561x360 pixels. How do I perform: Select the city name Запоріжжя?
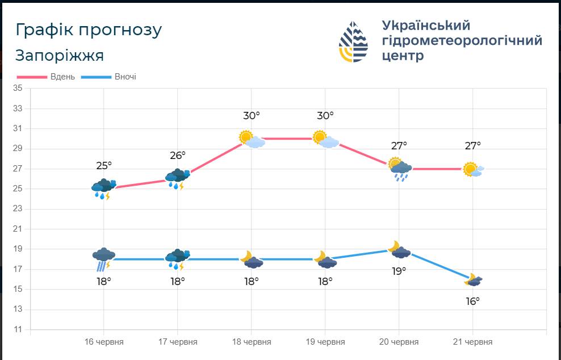click(x=60, y=56)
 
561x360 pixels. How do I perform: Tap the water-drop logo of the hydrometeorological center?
click(x=353, y=41)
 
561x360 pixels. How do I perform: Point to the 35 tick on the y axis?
click(x=18, y=88)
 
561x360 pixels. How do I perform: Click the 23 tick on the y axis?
click(x=18, y=208)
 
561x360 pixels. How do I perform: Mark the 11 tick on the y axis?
click(x=18, y=329)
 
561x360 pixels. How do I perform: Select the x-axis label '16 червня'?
click(x=104, y=342)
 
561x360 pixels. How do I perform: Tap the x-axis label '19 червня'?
click(x=325, y=342)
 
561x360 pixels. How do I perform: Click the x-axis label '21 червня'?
click(x=472, y=342)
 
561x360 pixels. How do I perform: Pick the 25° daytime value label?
click(x=104, y=166)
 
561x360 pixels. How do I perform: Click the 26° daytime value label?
click(x=178, y=156)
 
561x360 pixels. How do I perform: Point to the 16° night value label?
click(x=472, y=302)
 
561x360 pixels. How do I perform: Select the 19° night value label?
click(x=399, y=271)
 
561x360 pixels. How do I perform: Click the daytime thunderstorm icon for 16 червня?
click(x=104, y=189)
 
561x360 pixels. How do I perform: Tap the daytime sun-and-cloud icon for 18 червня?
click(x=252, y=140)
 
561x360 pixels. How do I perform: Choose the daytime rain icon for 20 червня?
click(x=400, y=169)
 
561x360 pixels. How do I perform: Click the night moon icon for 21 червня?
click(x=474, y=279)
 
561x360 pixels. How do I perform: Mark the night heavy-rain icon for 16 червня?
click(x=104, y=259)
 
